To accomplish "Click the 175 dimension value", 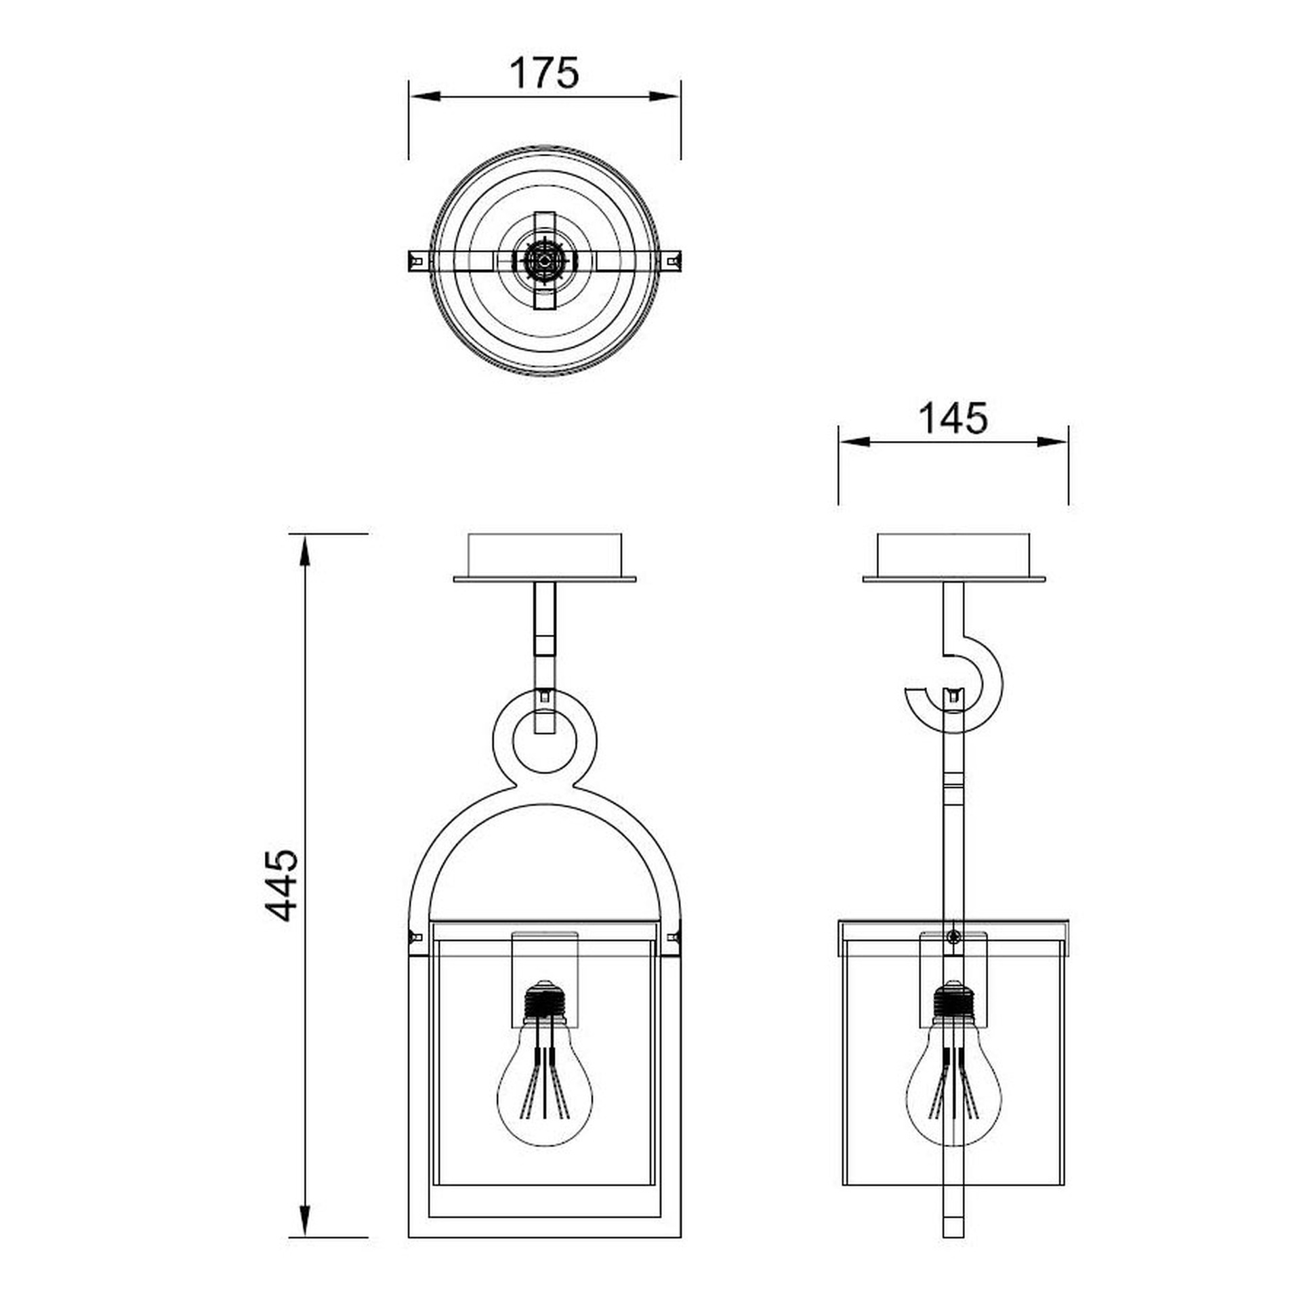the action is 544,73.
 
